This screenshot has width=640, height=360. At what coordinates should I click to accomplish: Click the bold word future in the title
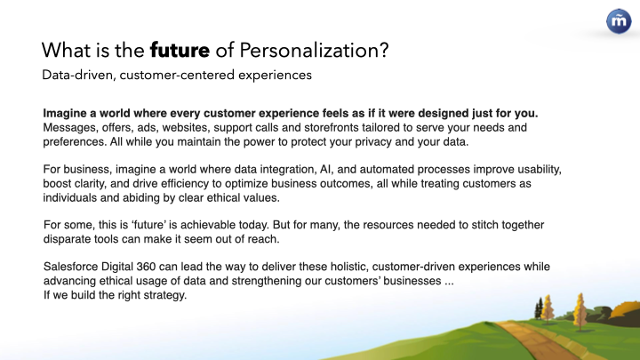(x=180, y=50)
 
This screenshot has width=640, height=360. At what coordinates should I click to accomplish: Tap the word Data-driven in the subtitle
(x=77, y=75)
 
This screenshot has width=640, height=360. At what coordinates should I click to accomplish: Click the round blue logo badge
(x=619, y=21)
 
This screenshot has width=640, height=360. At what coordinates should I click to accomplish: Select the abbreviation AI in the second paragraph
(x=325, y=170)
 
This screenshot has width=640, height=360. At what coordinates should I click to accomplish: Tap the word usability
(x=540, y=170)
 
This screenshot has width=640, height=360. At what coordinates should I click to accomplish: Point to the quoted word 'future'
(x=148, y=225)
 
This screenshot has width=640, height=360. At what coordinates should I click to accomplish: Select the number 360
(x=146, y=267)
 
